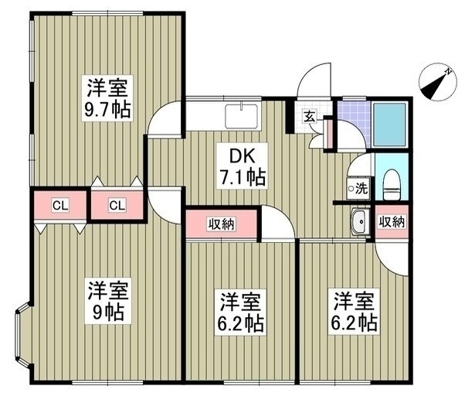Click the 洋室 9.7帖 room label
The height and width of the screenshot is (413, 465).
pos(107,97)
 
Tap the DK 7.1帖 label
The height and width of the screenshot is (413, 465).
pos(242,166)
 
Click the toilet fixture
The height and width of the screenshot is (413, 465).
pos(392,185)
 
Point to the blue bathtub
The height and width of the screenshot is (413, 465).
pos(389,125)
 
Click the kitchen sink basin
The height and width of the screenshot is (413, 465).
pos(242,116)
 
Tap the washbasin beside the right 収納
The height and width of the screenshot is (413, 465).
pos(360,221)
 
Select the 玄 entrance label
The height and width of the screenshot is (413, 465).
pos(309,116)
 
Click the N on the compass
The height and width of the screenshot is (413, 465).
pos(448,71)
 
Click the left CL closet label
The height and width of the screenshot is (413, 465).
pos(60,205)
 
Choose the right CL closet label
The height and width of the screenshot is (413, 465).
pos(117,205)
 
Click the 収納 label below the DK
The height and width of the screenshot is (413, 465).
pos(221,224)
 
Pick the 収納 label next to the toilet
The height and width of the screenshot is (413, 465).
pos(392,221)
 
